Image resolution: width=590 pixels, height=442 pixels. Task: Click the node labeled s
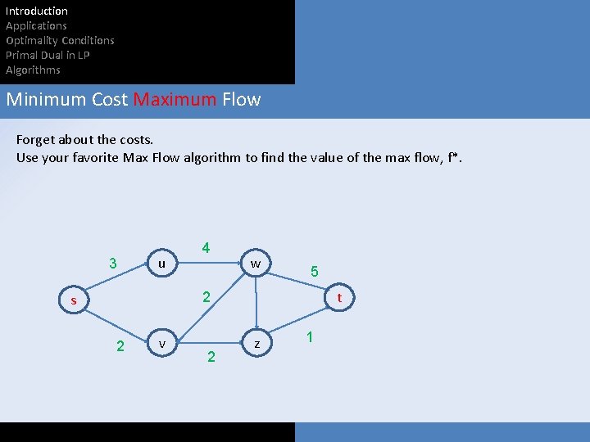(x=73, y=301)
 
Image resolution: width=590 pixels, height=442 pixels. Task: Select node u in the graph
(x=161, y=264)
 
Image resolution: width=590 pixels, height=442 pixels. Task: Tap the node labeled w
(x=256, y=264)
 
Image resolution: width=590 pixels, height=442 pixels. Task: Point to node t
(x=339, y=299)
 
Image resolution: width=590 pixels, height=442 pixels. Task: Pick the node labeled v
(x=162, y=344)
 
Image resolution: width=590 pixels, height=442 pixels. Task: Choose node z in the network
(x=257, y=345)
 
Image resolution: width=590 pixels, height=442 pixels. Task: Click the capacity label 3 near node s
(x=113, y=264)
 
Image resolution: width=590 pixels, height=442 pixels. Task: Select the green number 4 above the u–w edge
(x=206, y=248)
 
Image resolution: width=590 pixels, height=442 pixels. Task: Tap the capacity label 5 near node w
(x=315, y=272)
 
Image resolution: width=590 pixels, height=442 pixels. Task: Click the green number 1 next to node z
(x=309, y=337)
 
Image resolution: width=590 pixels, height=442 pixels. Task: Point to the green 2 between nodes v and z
(x=211, y=356)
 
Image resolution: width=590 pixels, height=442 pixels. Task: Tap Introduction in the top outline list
(x=37, y=11)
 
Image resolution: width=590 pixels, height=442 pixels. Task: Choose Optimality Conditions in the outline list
(x=60, y=40)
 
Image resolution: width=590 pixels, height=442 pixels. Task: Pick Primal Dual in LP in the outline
(x=48, y=55)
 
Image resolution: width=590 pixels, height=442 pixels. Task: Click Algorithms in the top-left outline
(x=33, y=70)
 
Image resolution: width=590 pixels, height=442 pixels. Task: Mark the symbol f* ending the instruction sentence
(x=454, y=157)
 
